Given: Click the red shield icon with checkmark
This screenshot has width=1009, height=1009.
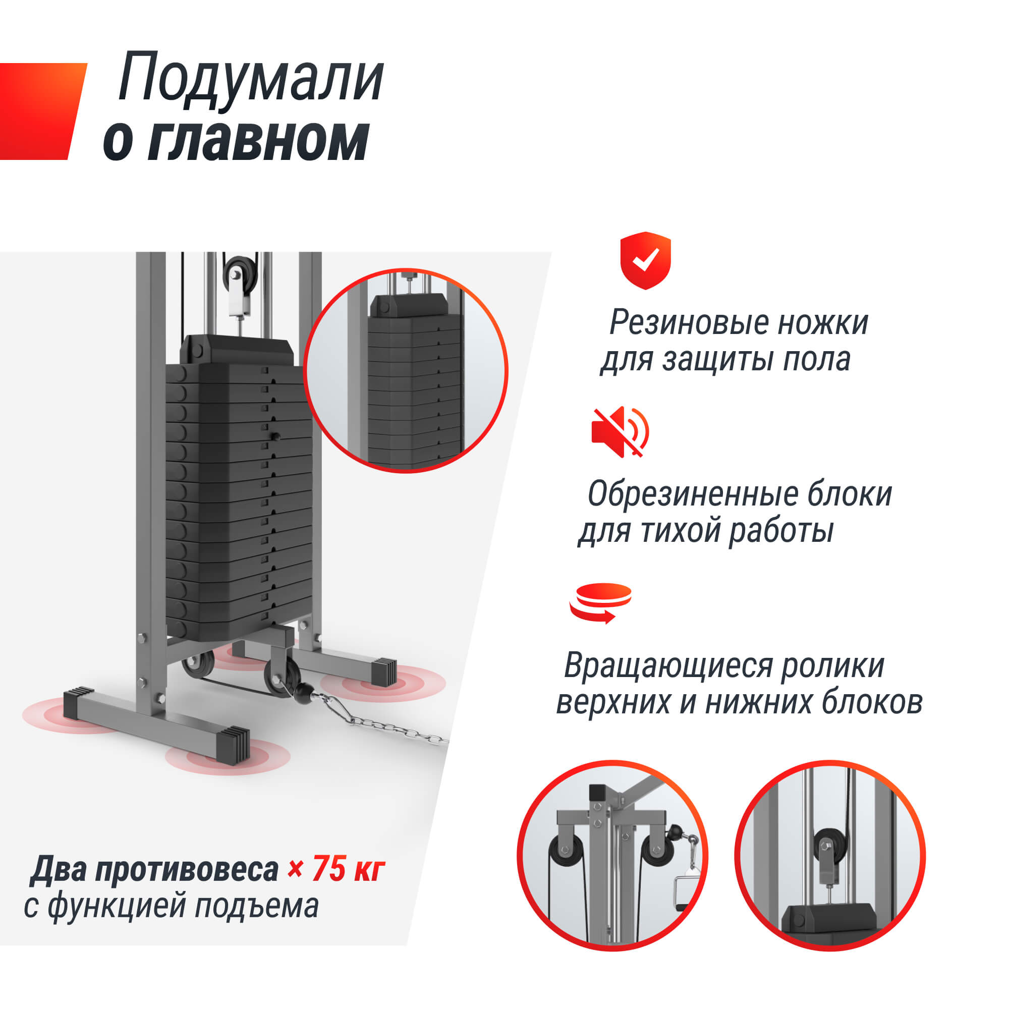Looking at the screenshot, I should click(x=645, y=260).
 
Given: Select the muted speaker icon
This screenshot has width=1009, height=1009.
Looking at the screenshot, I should click(x=620, y=432).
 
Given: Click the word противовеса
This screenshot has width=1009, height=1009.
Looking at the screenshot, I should click(x=187, y=870).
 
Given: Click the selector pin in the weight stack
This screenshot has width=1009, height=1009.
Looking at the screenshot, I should click(x=275, y=436).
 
